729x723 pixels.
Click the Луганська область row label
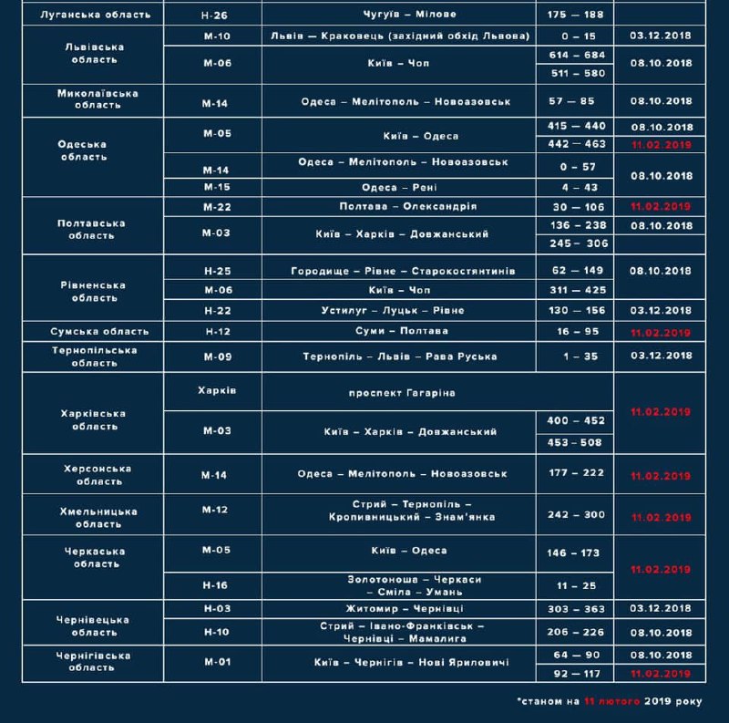(x=89, y=15)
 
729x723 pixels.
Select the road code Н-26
(x=215, y=15)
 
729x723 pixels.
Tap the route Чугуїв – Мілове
(x=397, y=15)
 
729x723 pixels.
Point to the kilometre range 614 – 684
(x=577, y=55)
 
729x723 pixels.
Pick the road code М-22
(x=216, y=206)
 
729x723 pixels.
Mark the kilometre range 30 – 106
(x=577, y=206)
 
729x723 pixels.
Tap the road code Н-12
(x=216, y=331)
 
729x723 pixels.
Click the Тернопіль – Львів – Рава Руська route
(x=400, y=356)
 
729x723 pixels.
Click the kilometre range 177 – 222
(x=577, y=474)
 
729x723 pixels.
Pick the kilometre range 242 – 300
(x=577, y=515)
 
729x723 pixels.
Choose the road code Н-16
(x=215, y=584)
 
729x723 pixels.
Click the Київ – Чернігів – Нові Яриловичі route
(x=410, y=663)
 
